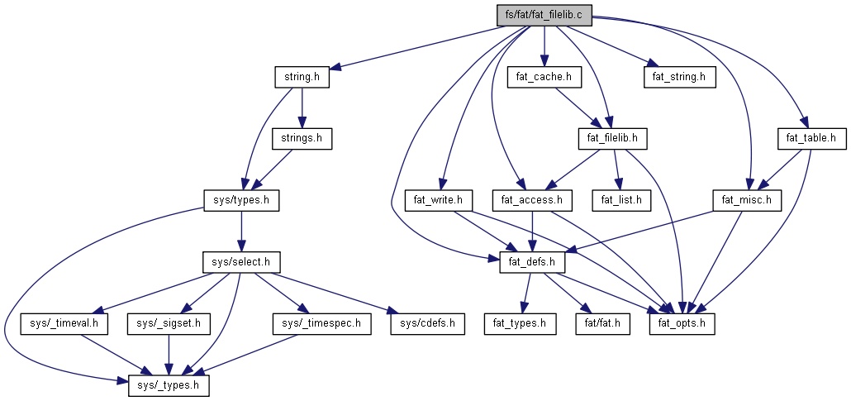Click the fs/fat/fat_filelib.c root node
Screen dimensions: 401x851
(x=544, y=15)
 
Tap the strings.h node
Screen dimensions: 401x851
(x=302, y=138)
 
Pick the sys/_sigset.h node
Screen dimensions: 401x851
(x=169, y=323)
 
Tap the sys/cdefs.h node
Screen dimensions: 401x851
(x=427, y=323)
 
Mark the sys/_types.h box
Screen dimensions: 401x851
(x=169, y=385)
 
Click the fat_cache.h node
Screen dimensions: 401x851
(x=544, y=77)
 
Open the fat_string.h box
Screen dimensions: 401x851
(x=679, y=77)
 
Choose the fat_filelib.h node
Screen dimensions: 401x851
(x=611, y=138)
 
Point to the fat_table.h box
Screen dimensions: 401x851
(x=812, y=138)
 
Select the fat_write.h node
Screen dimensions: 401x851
(x=438, y=200)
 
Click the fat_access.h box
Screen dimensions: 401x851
(x=532, y=200)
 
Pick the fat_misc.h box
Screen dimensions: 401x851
(x=747, y=200)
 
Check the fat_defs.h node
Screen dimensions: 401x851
(x=532, y=262)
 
